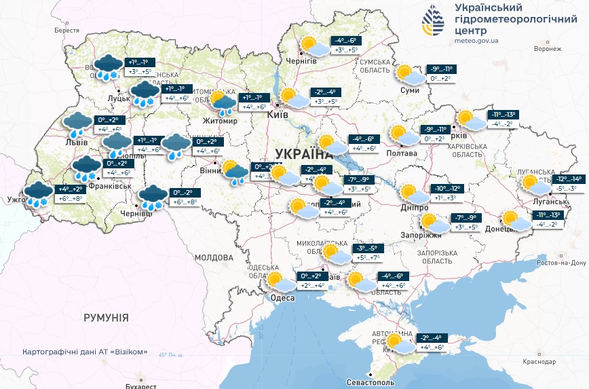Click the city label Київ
coord(279,114)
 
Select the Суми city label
coord(410,90)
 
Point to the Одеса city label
coord(282,298)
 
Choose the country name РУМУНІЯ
coord(106,317)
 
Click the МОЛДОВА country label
coord(214,258)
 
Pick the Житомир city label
coord(216,122)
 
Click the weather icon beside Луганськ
coord(531,184)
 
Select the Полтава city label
coord(402,153)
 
